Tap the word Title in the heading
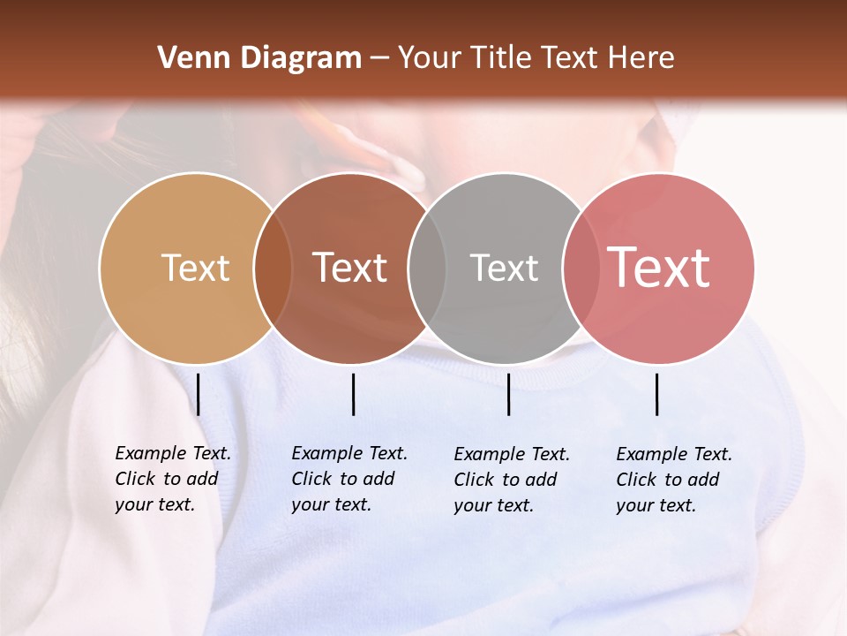click(x=500, y=58)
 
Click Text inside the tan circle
click(x=195, y=268)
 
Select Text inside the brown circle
click(x=350, y=268)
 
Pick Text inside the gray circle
click(x=504, y=268)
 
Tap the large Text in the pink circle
click(x=659, y=268)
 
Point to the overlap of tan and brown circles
click(x=273, y=269)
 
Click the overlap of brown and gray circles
click(x=427, y=269)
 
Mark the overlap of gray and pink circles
click(x=579, y=269)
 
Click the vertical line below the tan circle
click(x=199, y=394)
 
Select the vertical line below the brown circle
click(x=353, y=394)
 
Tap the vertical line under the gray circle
click(x=509, y=394)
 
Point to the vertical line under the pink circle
click(x=657, y=394)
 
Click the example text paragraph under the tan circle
click(x=172, y=479)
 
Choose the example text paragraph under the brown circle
click(x=349, y=479)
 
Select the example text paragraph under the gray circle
click(x=511, y=480)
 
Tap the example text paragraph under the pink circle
click(x=673, y=480)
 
